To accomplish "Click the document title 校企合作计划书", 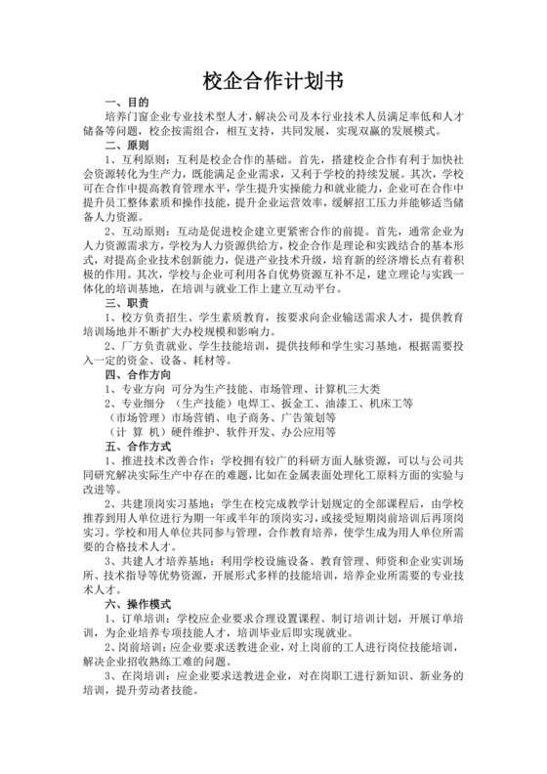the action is tap(273, 79).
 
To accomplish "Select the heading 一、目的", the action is tap(126, 103).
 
